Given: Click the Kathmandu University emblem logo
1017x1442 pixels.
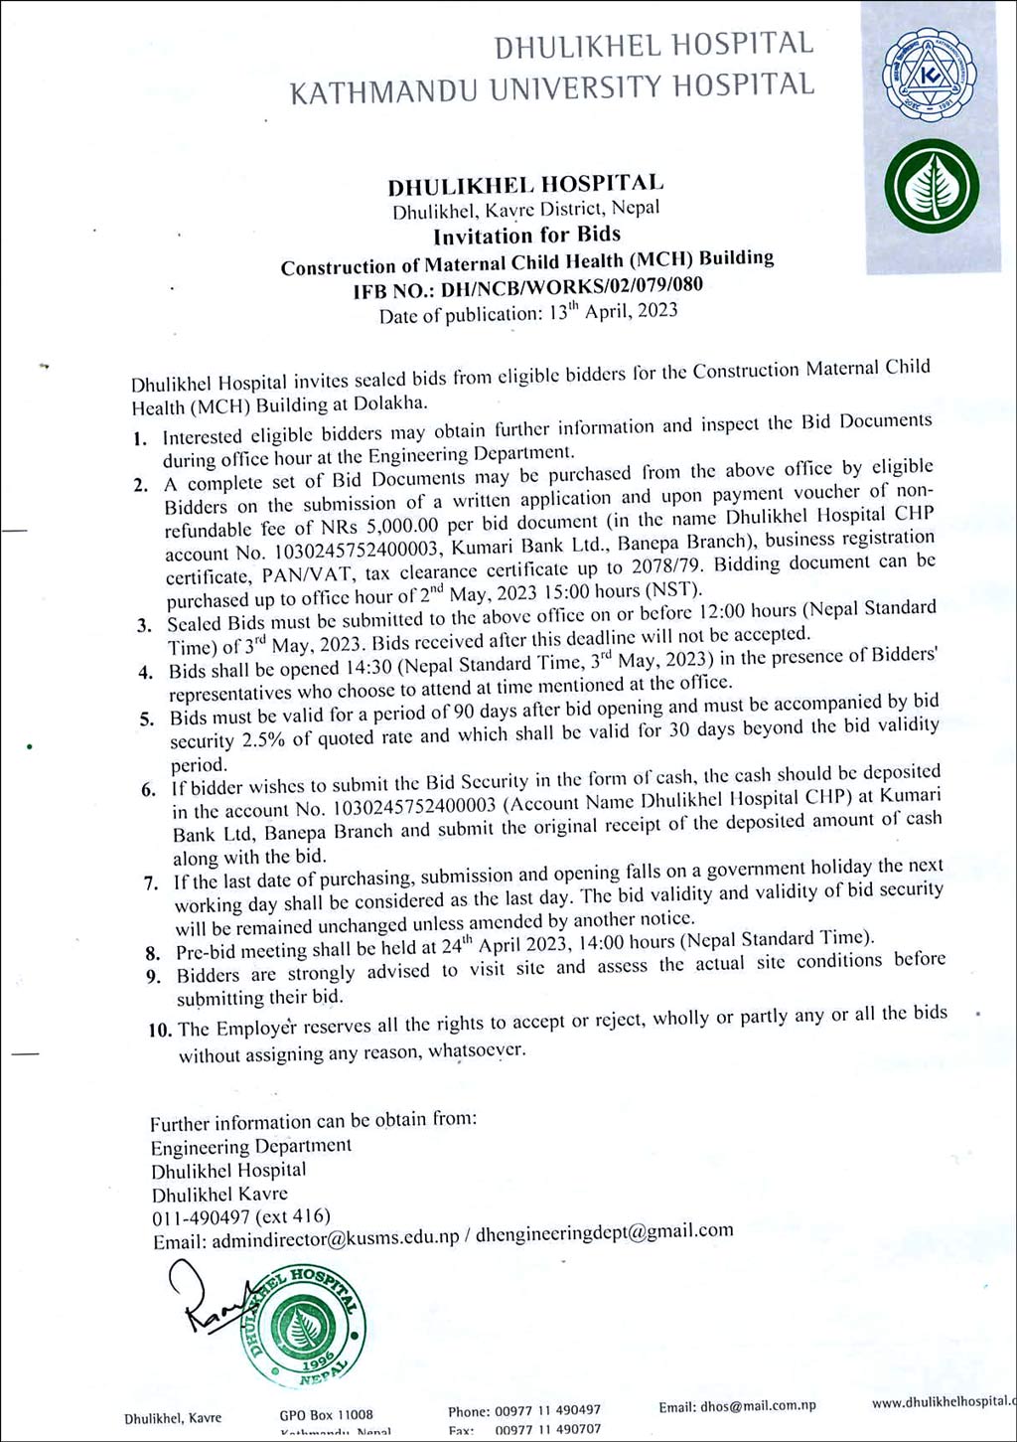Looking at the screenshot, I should [930, 76].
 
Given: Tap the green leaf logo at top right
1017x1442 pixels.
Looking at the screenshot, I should [932, 187].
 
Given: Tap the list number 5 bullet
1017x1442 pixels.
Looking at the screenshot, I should [147, 719].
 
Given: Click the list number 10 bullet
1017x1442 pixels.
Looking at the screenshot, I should [159, 1030].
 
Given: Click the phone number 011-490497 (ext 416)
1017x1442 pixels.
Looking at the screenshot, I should [240, 1217].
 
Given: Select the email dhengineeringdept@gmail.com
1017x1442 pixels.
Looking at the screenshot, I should [604, 1232].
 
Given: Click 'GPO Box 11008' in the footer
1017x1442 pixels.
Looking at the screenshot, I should [326, 1414].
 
